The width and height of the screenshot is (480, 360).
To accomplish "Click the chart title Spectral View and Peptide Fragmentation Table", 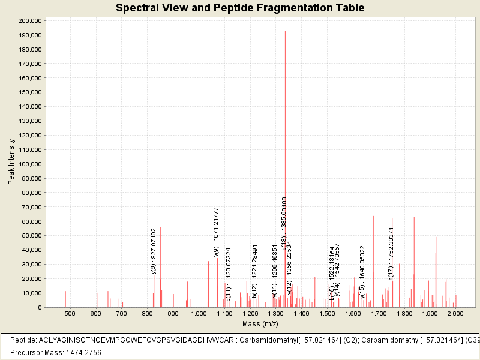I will [x=240, y=8].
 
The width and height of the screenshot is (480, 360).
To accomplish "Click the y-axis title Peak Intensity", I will [x=11, y=162].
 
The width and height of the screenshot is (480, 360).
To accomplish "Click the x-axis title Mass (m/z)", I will [x=260, y=324].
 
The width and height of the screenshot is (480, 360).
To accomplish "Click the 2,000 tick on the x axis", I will [x=455, y=313].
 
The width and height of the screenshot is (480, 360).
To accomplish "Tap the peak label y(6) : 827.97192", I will [x=154, y=250].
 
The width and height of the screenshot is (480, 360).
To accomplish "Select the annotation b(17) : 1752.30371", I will [x=391, y=253].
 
